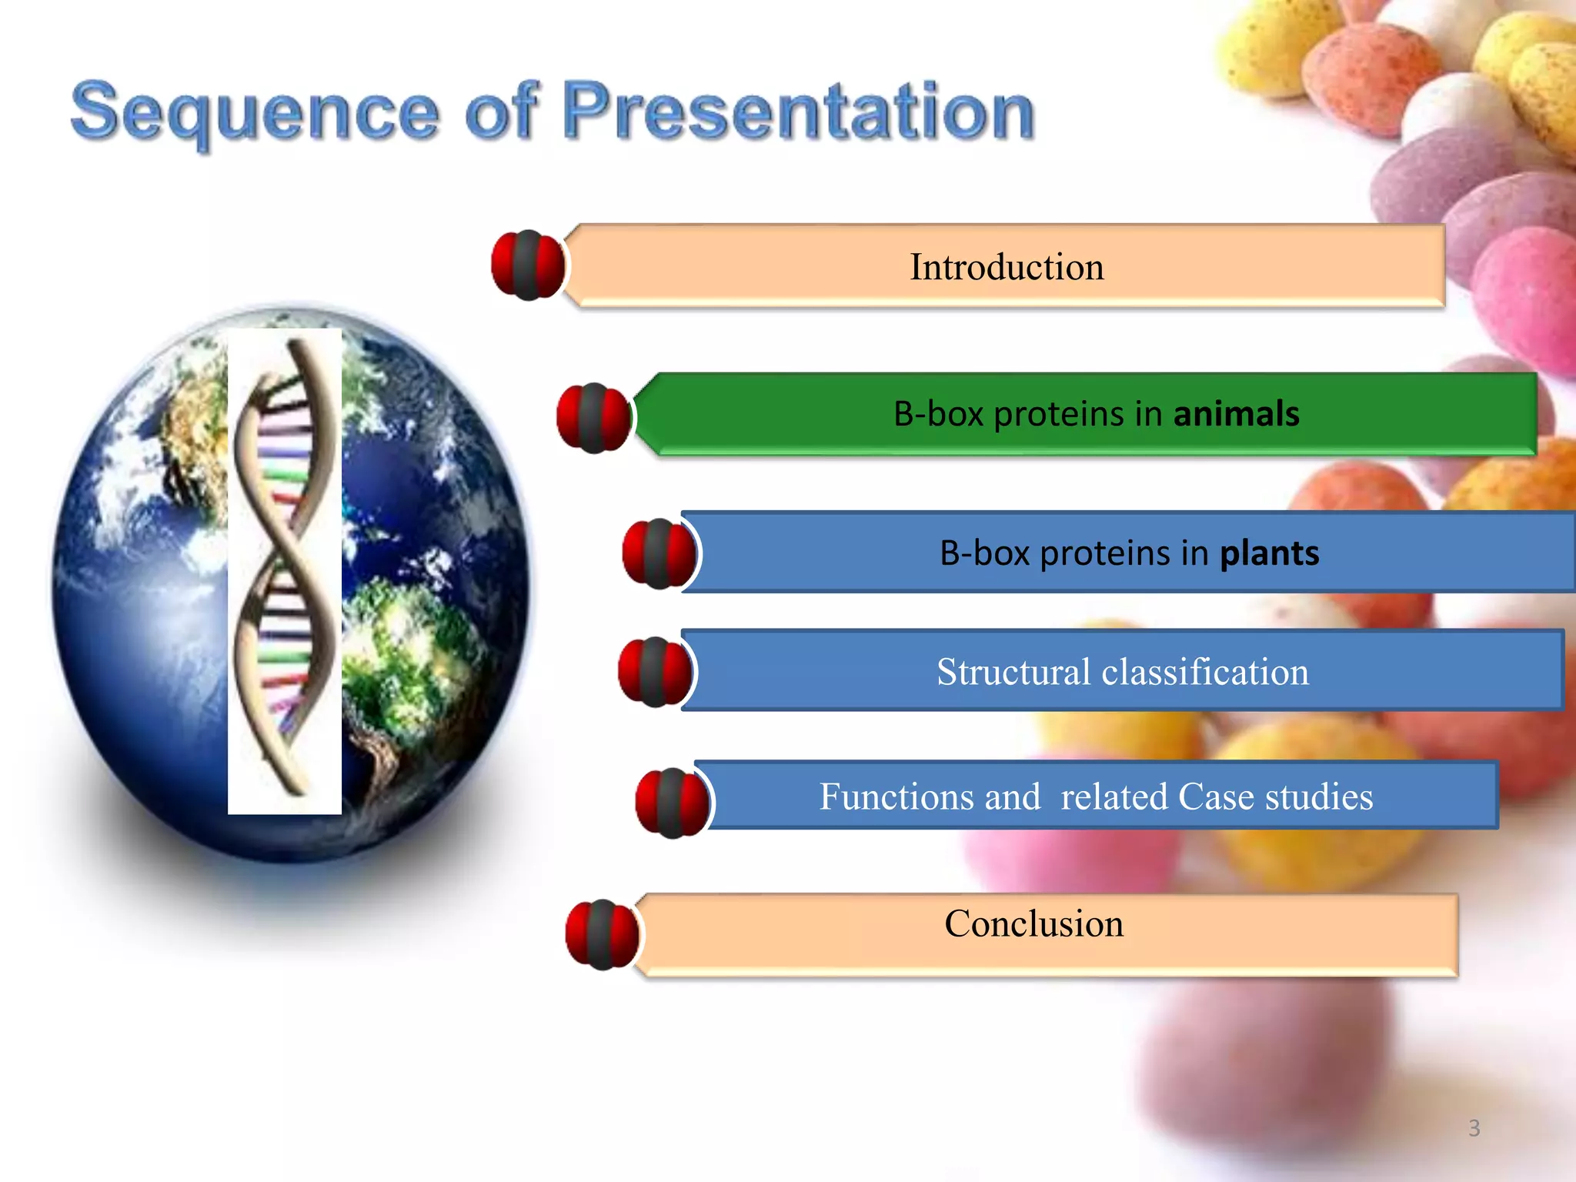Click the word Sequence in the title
[x=254, y=112]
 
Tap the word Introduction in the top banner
[x=1007, y=267]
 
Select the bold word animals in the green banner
[x=1236, y=414]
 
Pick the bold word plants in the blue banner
[x=1270, y=553]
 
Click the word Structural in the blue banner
[x=1013, y=672]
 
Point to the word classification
[x=1205, y=672]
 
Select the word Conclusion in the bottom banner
[x=1033, y=923]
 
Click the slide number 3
[x=1474, y=1128]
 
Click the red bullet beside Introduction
[x=528, y=265]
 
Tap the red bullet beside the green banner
[x=593, y=418]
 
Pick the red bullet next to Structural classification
[x=655, y=672]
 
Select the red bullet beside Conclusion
[x=602, y=934]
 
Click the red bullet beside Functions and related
[x=672, y=803]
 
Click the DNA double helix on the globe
[x=285, y=569]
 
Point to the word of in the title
[x=500, y=112]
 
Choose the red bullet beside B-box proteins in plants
[x=659, y=554]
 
